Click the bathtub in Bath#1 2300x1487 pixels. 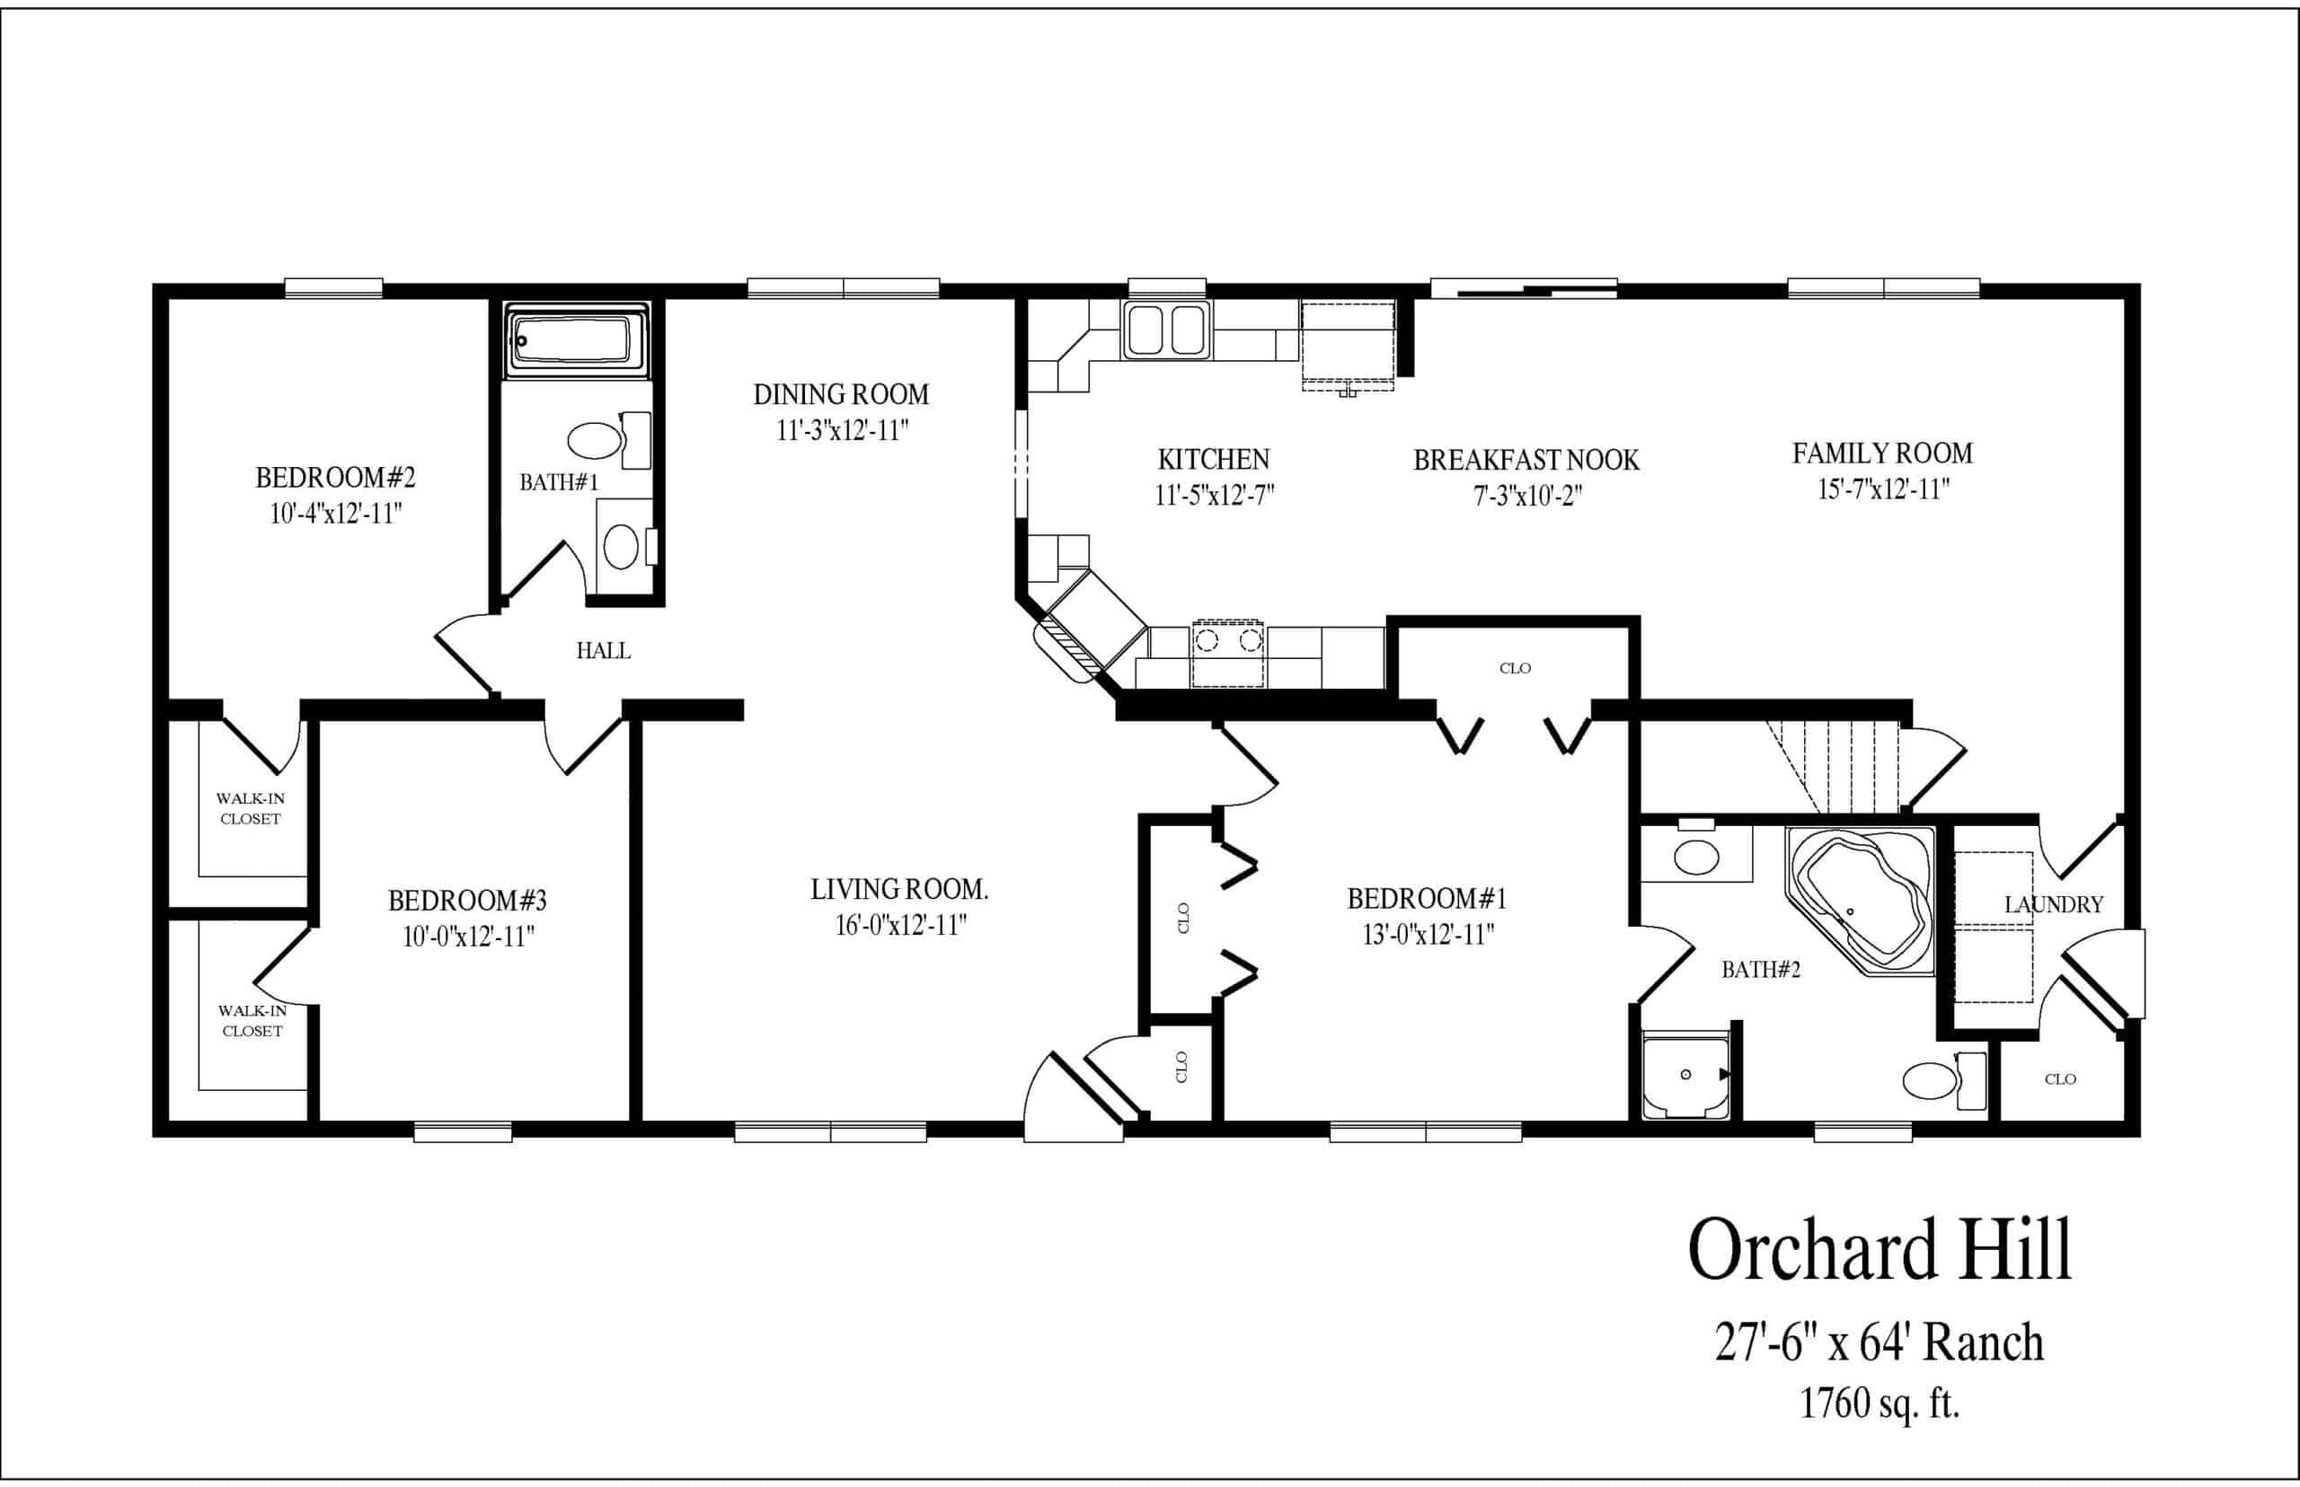pos(577,341)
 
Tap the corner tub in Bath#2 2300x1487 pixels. pos(1860,900)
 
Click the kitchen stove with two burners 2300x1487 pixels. pos(1228,654)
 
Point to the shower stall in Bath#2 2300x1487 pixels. pos(1685,1075)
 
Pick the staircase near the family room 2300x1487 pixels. pos(1833,768)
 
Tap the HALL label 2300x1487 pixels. pos(604,651)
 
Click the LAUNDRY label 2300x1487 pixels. pos(2054,905)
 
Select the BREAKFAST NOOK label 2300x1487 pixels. pos(1526,460)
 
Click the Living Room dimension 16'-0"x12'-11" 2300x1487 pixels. pos(900,925)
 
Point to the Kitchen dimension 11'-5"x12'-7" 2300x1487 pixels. pos(1214,496)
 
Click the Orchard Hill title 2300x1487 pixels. pos(1880,1249)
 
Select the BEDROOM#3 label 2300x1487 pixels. pos(467,901)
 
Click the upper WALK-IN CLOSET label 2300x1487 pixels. pos(250,809)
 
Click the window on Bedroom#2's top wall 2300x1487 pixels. pos(333,287)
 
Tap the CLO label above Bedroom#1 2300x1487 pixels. pos(1515,668)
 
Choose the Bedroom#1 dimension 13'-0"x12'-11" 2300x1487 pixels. pos(1429,935)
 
